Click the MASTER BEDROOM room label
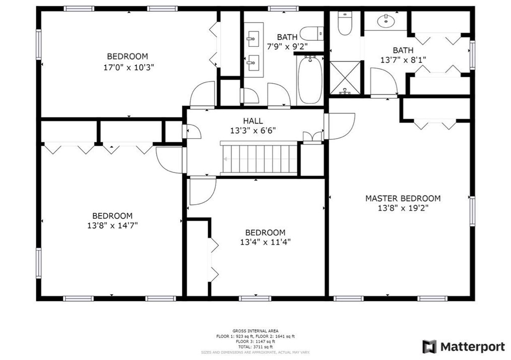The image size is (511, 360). (403, 198)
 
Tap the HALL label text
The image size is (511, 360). (252, 121)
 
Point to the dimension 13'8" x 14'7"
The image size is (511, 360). (112, 226)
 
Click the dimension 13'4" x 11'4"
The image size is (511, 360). (265, 242)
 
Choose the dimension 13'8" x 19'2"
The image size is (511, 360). (403, 208)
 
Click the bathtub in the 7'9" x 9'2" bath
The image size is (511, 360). (308, 81)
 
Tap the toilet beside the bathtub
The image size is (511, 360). (311, 34)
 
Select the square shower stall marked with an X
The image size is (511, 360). (345, 78)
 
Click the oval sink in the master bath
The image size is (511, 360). (387, 21)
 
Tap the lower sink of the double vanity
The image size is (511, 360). (252, 64)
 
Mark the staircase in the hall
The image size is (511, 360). (258, 158)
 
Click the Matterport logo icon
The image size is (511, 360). (429, 347)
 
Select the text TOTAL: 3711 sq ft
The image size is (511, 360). (255, 347)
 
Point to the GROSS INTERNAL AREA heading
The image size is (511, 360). (255, 331)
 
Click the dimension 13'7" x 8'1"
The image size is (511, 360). (403, 59)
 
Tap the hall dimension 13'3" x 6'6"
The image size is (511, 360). (252, 130)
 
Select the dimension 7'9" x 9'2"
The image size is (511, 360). (287, 46)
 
